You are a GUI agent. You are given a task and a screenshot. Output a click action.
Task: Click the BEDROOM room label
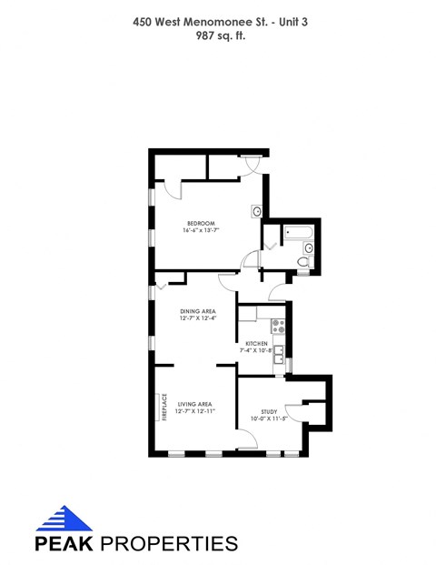(201, 224)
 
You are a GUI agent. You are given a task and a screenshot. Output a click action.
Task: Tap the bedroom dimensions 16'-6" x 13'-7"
(201, 231)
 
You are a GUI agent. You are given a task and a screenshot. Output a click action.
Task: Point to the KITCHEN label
(255, 343)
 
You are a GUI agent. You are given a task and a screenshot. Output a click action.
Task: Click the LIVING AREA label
(195, 404)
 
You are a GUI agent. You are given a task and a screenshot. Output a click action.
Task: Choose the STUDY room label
(269, 411)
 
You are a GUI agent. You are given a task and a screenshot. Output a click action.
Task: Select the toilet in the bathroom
(303, 262)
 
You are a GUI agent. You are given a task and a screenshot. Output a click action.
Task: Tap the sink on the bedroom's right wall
(258, 212)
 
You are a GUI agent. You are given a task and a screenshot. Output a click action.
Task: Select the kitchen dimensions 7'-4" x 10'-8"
(255, 350)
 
